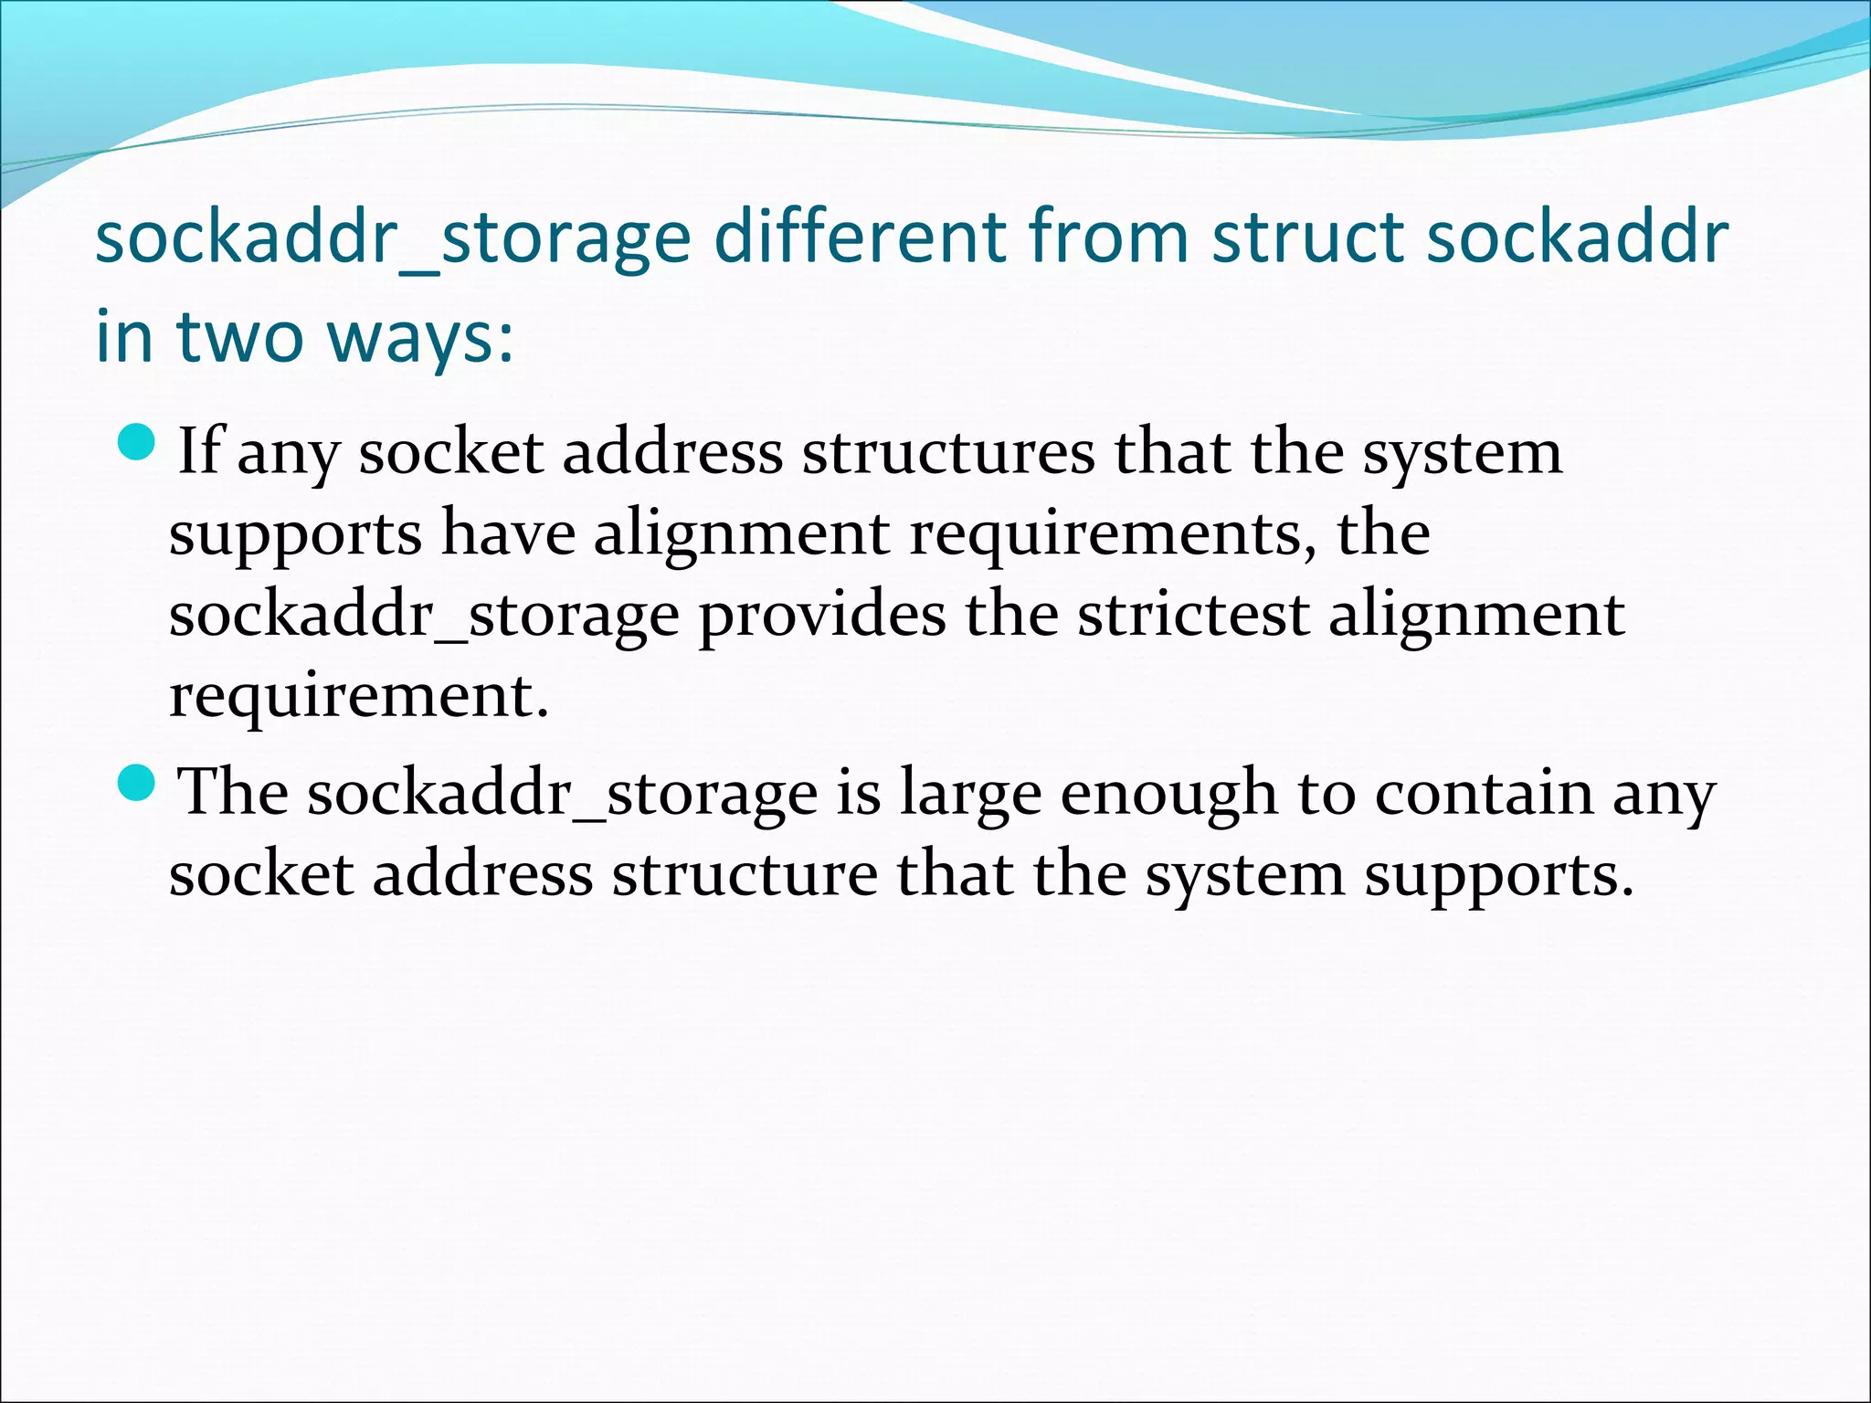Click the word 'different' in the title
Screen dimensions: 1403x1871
click(860, 237)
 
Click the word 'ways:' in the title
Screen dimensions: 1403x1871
click(420, 337)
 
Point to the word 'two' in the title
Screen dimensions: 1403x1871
click(239, 335)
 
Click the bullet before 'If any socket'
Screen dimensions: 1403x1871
click(139, 441)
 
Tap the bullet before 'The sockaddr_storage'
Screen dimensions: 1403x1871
click(139, 782)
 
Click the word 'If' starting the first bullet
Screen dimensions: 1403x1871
click(198, 450)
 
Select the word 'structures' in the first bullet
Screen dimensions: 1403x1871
click(948, 452)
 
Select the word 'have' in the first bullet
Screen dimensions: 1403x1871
click(508, 533)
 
